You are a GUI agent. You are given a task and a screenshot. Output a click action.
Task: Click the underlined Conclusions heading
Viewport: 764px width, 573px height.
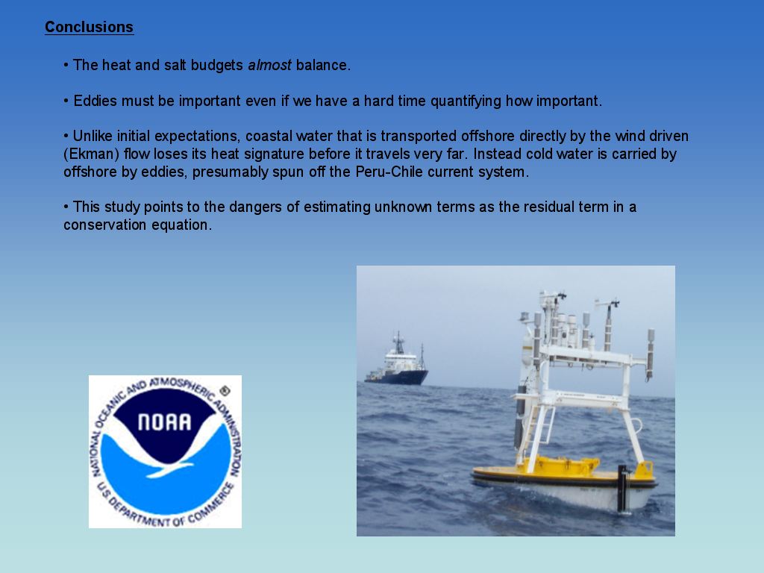click(x=90, y=27)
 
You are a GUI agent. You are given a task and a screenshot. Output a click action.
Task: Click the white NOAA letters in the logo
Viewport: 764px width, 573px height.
click(x=165, y=422)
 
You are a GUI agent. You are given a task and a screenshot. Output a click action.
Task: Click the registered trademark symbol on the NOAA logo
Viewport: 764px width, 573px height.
click(x=224, y=390)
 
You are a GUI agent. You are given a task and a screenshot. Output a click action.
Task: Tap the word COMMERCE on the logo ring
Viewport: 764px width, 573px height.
click(x=208, y=505)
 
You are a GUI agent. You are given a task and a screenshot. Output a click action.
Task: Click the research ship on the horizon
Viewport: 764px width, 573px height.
click(x=396, y=363)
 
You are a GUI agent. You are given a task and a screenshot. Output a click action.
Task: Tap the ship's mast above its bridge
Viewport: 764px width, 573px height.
click(x=398, y=342)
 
